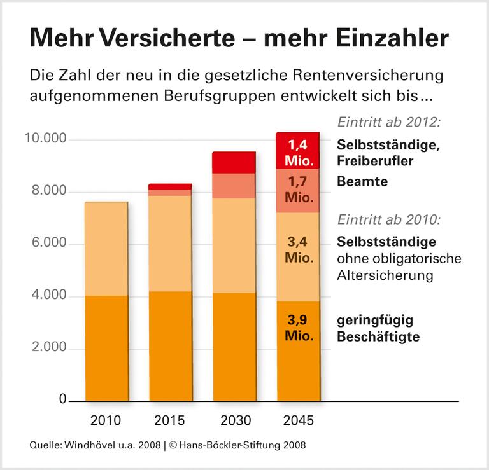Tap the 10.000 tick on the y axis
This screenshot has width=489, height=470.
(x=46, y=139)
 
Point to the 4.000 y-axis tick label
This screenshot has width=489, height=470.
(x=49, y=296)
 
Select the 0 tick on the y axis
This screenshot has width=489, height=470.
(x=63, y=400)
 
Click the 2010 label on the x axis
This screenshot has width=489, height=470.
(x=106, y=421)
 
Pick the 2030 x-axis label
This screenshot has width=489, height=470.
(x=234, y=421)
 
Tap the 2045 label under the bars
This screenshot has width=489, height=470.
(x=298, y=421)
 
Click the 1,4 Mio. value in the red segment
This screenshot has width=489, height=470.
(x=298, y=151)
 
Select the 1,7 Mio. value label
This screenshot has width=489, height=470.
(x=298, y=190)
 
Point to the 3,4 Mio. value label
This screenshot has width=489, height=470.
(x=298, y=251)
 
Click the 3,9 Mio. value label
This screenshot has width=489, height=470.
(x=298, y=328)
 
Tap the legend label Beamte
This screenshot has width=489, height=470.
(x=362, y=182)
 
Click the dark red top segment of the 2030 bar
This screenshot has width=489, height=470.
(x=234, y=162)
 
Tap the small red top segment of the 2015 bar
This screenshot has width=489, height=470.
(x=170, y=186)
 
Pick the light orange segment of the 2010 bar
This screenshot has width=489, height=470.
(x=106, y=249)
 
